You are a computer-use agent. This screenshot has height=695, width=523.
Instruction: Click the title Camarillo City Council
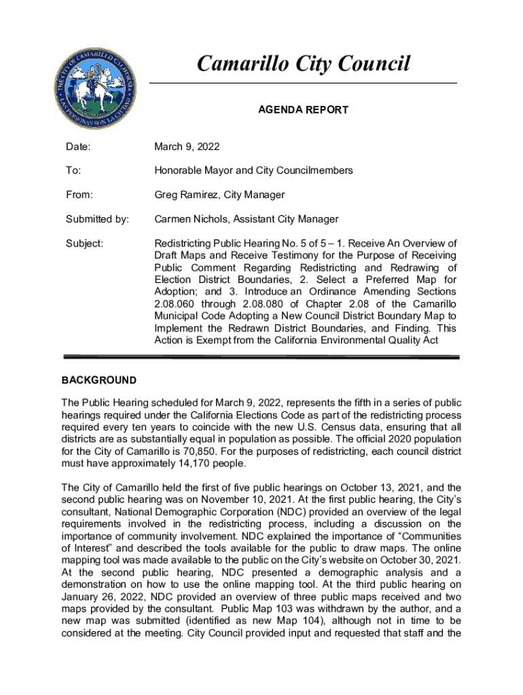(303, 64)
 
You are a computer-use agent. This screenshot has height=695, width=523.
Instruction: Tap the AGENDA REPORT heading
(303, 110)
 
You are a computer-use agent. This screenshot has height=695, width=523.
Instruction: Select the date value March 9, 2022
(187, 147)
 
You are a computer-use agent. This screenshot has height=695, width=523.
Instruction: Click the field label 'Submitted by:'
(97, 219)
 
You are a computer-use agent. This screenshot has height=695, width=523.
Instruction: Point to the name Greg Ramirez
(187, 195)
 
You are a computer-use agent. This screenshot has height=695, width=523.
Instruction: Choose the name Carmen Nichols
(192, 219)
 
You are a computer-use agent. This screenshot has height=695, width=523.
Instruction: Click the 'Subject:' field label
(84, 244)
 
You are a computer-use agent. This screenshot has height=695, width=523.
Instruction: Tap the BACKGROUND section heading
(98, 380)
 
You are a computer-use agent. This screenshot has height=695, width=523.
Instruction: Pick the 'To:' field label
(72, 171)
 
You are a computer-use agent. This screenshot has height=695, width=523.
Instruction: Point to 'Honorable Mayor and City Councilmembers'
(253, 171)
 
